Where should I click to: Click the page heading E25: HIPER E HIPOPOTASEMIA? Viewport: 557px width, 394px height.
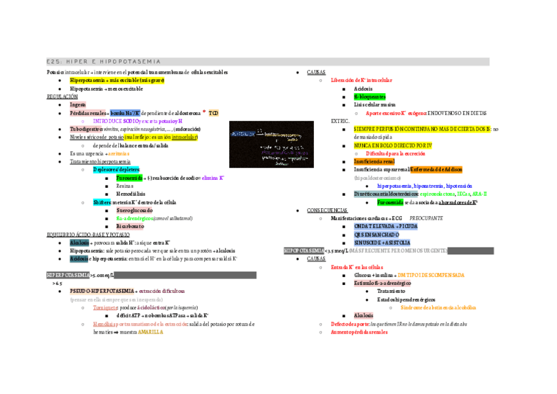[104, 62]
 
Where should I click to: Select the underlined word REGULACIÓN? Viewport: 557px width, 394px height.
[62, 97]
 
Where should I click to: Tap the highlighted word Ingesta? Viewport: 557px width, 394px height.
[78, 104]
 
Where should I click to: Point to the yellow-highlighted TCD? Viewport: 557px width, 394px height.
[214, 113]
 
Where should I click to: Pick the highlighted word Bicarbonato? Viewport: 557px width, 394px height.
[129, 226]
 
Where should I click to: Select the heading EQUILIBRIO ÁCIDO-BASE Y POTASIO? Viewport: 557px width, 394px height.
[88, 234]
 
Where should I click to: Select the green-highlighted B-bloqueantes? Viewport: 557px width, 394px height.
[370, 97]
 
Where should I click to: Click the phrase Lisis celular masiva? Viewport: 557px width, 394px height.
[374, 104]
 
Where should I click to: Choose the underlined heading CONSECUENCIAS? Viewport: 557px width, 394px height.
[326, 210]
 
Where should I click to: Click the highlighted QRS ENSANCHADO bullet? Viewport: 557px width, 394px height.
[376, 234]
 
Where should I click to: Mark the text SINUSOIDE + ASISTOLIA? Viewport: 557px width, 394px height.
[382, 242]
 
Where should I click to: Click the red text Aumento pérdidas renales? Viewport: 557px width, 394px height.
[360, 332]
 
